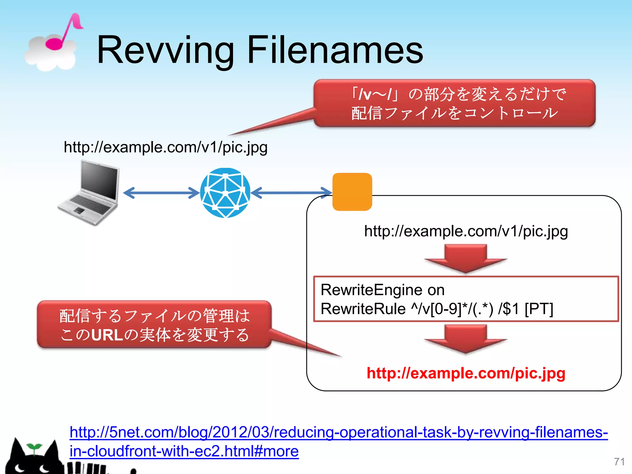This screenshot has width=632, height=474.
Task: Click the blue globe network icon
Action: pyautogui.click(x=225, y=193)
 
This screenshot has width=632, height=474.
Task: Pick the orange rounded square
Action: pyautogui.click(x=352, y=192)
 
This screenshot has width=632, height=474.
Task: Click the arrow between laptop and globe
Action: pyautogui.click(x=161, y=193)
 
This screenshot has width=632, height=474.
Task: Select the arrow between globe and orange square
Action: pyautogui.click(x=292, y=193)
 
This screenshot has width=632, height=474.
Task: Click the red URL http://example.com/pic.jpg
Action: pyautogui.click(x=466, y=373)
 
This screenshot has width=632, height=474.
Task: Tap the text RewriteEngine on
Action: pyautogui.click(x=382, y=290)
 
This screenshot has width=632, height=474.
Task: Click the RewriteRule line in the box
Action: pyautogui.click(x=437, y=309)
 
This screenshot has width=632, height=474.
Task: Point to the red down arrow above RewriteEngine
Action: pyautogui.click(x=465, y=258)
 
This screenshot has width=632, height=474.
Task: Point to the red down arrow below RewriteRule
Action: pyautogui.click(x=465, y=339)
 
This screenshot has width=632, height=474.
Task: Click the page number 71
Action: pyautogui.click(x=619, y=462)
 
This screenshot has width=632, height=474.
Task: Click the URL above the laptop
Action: pyautogui.click(x=165, y=147)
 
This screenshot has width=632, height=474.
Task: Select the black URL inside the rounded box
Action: pyautogui.click(x=466, y=231)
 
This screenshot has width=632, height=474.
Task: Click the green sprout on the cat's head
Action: pyautogui.click(x=34, y=448)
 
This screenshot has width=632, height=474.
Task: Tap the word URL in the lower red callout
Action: pyautogui.click(x=107, y=335)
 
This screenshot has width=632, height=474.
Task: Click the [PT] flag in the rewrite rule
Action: pyautogui.click(x=539, y=309)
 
